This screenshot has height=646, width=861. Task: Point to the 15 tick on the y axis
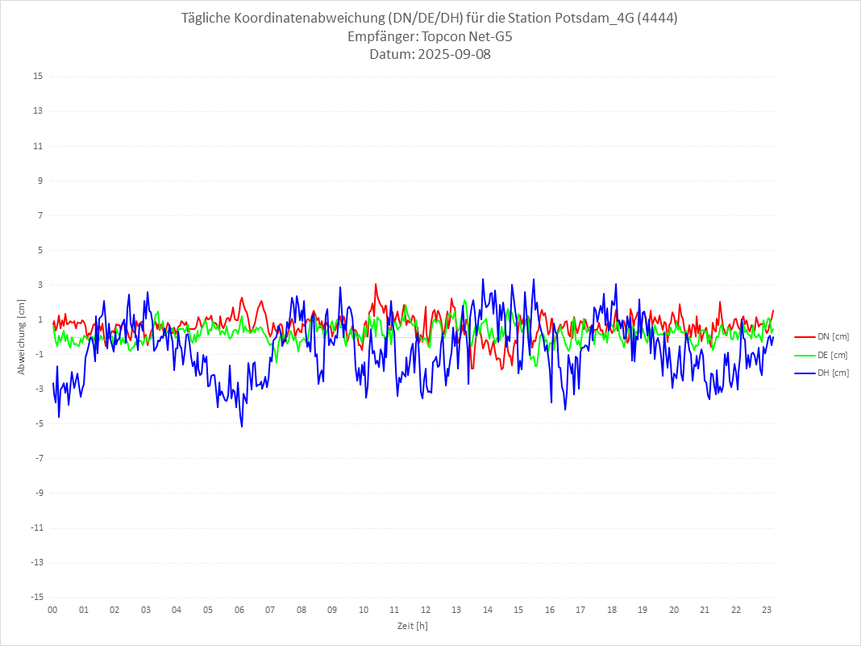(x=38, y=77)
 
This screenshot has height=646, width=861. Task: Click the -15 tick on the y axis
(x=36, y=597)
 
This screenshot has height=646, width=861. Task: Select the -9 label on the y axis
(x=38, y=493)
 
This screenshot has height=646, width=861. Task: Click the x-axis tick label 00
(x=52, y=610)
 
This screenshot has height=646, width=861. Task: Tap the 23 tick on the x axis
(x=767, y=610)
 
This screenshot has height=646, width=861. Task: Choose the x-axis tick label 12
(x=425, y=610)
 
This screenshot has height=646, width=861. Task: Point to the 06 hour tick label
(x=239, y=610)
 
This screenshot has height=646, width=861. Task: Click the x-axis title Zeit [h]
(x=412, y=626)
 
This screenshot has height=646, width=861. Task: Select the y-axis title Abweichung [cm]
(x=22, y=336)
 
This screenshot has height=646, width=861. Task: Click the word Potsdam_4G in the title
(x=594, y=19)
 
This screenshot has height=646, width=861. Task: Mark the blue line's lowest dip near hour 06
(x=242, y=426)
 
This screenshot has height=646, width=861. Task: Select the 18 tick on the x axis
(x=611, y=610)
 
